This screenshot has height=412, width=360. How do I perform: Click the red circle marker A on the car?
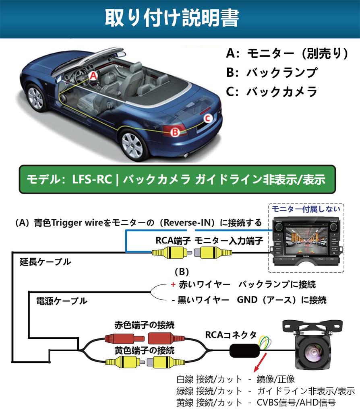point(93,75)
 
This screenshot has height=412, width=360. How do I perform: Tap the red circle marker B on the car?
point(175,131)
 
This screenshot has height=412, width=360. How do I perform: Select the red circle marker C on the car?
point(207,118)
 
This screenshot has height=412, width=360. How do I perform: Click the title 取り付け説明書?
point(172,18)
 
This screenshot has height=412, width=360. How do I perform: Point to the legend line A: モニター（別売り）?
point(286,54)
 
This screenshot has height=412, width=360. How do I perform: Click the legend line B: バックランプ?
point(272,73)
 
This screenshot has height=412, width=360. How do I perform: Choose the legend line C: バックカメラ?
point(272,92)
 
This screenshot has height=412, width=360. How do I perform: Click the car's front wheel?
point(36,98)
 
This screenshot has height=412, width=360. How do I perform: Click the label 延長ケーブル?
point(45,262)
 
